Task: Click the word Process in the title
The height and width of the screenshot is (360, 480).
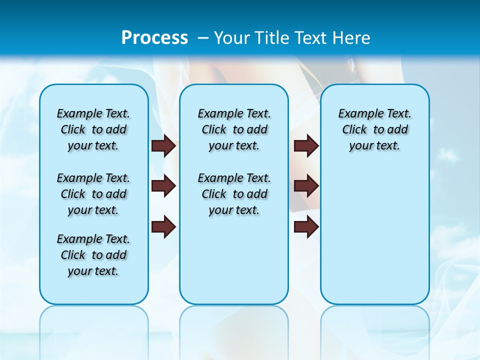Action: point(154,38)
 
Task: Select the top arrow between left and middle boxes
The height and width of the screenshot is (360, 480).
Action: point(163,145)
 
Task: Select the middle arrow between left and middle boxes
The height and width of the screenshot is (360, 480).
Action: point(163,186)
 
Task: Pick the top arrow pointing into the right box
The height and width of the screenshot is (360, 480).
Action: point(306,145)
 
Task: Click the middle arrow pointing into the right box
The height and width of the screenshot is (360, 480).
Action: point(306,186)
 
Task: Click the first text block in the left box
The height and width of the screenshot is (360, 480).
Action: point(93,129)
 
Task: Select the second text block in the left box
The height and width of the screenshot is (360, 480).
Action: point(93,194)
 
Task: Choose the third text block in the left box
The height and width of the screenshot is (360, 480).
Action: point(93,255)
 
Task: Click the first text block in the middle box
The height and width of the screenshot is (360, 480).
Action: point(234,129)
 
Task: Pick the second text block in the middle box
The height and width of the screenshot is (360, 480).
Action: point(234,194)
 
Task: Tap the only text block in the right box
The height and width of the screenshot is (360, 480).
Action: point(374,129)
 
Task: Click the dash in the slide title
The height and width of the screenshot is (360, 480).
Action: point(203,38)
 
